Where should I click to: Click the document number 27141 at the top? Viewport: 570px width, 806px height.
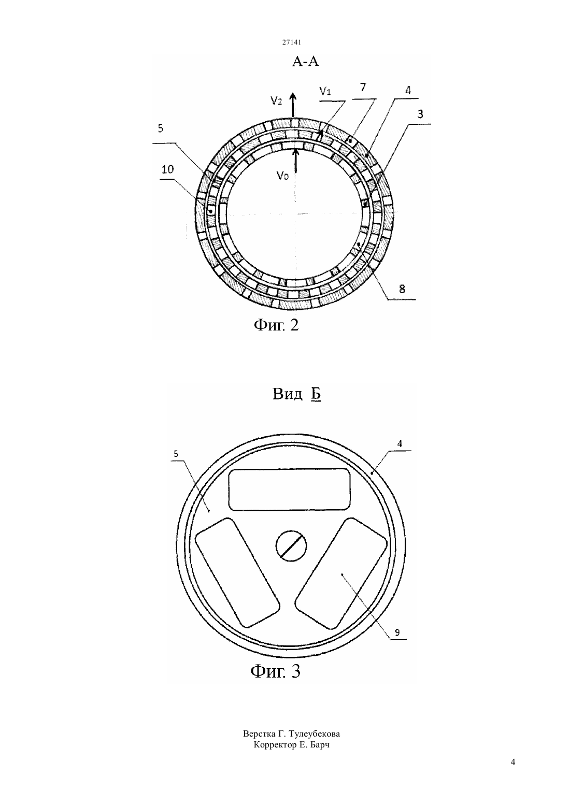(x=291, y=42)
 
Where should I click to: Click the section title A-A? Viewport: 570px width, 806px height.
(x=305, y=62)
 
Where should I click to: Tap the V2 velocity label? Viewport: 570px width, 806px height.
(x=276, y=100)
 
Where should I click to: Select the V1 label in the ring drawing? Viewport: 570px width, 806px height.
(x=325, y=91)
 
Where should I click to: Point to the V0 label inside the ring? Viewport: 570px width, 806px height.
(x=282, y=176)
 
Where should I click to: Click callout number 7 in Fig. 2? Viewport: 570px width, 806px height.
(x=363, y=87)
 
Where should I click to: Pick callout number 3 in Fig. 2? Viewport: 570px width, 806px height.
(x=420, y=114)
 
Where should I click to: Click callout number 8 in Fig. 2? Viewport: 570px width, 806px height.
(x=402, y=289)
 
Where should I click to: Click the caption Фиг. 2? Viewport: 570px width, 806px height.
(x=276, y=325)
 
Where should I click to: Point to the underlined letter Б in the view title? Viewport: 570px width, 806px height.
(x=316, y=395)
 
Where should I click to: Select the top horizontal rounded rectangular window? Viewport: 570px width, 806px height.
(x=289, y=490)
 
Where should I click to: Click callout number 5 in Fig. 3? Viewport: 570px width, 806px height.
(x=176, y=454)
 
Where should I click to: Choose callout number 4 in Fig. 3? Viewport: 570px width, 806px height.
(x=400, y=444)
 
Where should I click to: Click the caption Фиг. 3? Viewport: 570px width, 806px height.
(x=275, y=671)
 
